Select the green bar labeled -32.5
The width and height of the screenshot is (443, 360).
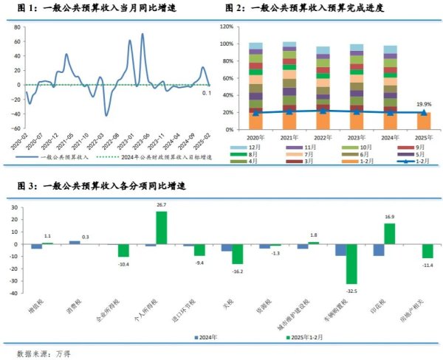point(351,263)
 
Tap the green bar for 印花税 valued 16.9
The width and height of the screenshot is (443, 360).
point(390,233)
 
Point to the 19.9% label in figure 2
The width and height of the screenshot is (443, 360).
point(424,104)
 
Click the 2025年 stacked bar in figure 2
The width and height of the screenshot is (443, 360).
point(424,120)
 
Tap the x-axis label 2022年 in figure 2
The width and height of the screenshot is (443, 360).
point(322,138)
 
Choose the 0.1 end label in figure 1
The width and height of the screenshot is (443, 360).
point(207,93)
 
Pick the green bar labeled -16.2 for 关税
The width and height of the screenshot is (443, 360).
point(238,254)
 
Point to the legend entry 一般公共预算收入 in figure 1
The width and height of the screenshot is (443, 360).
point(63,156)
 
